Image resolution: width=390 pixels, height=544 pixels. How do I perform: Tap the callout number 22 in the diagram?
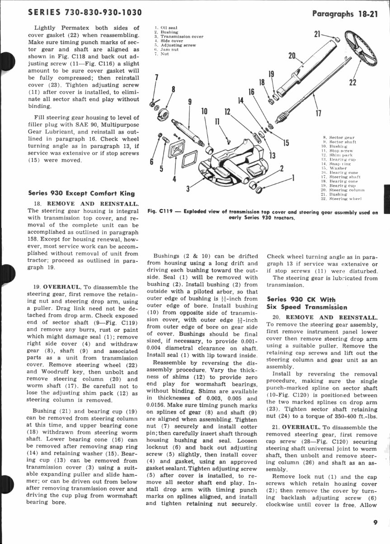pos(353,82)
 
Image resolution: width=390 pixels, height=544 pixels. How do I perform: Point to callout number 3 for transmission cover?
pos(187,188)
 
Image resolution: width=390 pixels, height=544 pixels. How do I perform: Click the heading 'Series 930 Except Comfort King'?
pos(81,193)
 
